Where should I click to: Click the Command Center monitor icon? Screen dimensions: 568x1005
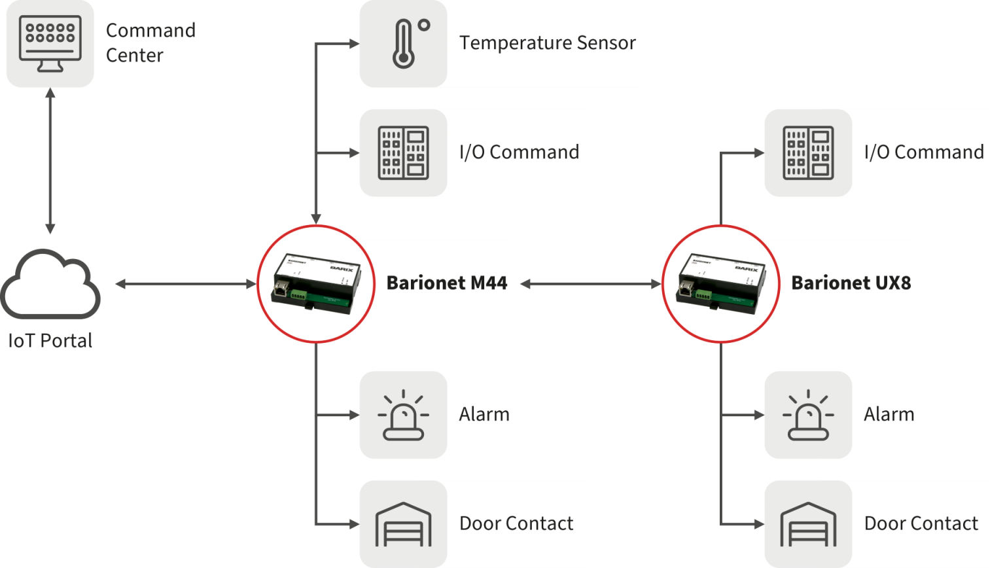[50, 43]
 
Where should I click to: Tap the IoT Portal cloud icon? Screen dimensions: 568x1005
[50, 285]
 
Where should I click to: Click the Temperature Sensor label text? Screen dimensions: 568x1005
[547, 43]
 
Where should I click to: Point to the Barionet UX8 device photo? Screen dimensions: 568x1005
[720, 283]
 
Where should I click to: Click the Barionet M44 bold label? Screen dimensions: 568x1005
[446, 283]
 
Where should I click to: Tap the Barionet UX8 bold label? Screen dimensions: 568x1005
[851, 283]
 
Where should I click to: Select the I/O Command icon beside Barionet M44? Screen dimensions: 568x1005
[403, 152]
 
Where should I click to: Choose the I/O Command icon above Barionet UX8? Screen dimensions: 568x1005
[808, 152]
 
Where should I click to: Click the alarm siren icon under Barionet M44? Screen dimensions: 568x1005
[403, 415]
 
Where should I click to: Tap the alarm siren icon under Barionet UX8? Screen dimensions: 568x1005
[808, 415]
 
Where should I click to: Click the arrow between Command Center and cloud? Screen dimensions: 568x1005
[50, 161]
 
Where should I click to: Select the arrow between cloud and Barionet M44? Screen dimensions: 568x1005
[186, 284]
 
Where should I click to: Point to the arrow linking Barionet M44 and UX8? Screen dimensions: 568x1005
[591, 284]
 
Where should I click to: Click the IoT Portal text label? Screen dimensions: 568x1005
[50, 341]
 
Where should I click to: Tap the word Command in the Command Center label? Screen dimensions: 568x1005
[150, 31]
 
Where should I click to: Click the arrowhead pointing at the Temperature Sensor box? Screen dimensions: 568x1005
[354, 44]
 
